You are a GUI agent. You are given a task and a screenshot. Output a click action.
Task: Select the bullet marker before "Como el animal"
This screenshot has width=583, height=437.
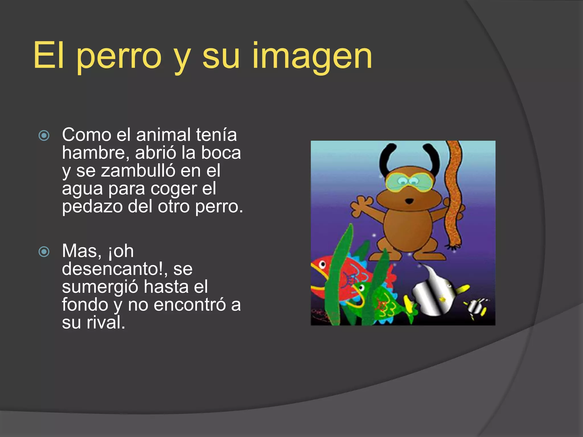click(44, 135)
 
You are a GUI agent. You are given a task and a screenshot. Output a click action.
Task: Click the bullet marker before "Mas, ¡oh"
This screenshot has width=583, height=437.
click(44, 252)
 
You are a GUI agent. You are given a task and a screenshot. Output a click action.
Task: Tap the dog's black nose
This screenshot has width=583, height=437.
click(409, 201)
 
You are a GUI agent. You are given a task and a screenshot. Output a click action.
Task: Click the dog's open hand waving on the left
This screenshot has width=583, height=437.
click(360, 205)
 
